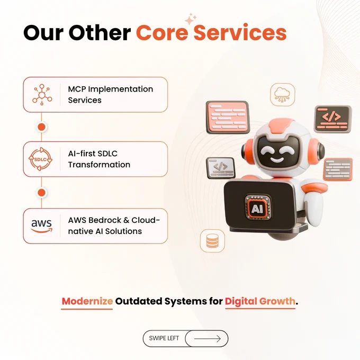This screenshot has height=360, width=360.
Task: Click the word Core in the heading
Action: [x=162, y=32]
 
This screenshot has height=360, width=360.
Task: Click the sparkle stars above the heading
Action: [x=191, y=19]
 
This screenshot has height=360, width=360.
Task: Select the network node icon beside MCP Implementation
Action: [x=42, y=95]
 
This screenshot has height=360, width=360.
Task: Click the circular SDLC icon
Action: [x=40, y=159]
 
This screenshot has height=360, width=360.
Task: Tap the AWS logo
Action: [x=41, y=226]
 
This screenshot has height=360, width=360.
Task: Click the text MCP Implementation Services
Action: [x=111, y=95]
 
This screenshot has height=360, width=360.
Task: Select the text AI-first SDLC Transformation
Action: [x=99, y=159]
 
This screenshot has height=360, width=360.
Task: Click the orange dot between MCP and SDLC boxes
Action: [x=41, y=127]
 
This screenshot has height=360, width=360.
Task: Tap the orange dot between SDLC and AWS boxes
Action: [x=41, y=193]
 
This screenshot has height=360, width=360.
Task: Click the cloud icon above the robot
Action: [x=282, y=95]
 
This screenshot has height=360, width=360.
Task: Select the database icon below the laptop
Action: [x=212, y=241]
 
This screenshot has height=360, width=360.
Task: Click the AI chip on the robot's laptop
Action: [x=257, y=209]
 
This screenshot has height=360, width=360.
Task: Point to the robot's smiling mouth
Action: [x=276, y=159]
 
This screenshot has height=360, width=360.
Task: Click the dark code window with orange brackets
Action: [x=332, y=119]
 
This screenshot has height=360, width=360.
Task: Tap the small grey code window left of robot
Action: [x=221, y=168]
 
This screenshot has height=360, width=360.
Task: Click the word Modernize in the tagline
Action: [x=87, y=301]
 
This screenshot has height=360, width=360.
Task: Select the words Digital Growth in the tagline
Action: [x=260, y=301]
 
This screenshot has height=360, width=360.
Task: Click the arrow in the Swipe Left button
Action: [x=208, y=338]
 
